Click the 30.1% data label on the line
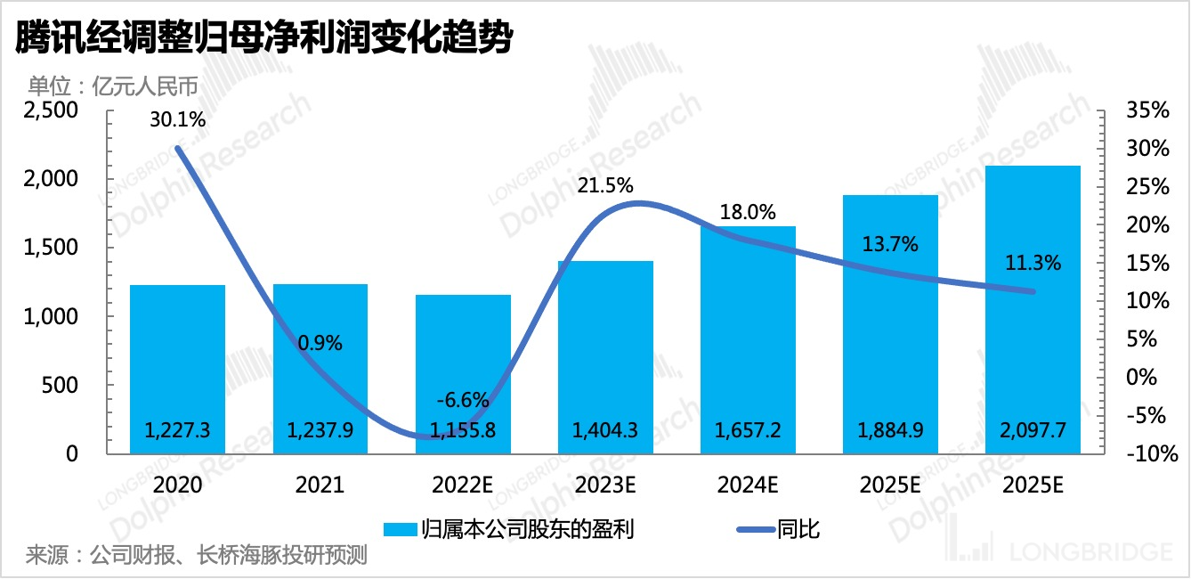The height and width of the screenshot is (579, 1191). pos(177,119)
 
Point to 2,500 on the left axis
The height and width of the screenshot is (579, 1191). pos(53,110)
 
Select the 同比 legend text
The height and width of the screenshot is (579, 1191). pos(798,529)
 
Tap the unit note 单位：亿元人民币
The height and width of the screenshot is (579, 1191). pos(111,86)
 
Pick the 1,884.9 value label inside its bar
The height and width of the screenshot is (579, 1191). pos(890,431)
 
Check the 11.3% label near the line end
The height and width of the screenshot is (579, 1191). pos(1033,263)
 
